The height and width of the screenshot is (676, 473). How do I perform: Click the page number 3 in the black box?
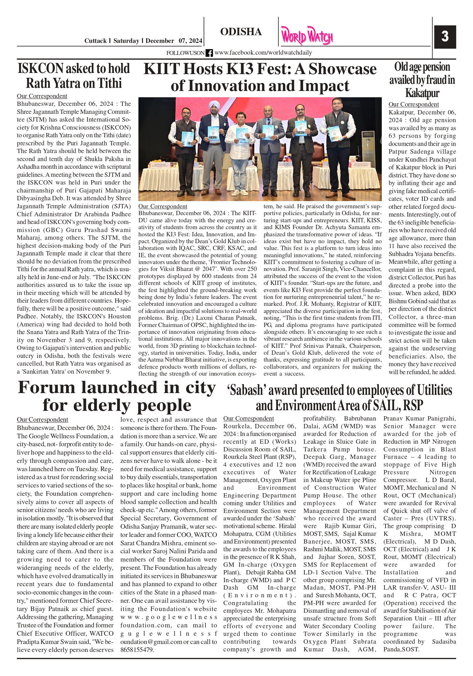(x=445, y=37)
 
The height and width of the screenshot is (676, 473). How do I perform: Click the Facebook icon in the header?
(x=209, y=53)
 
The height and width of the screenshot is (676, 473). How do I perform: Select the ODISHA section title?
(x=241, y=32)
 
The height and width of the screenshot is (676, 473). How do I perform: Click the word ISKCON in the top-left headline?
(x=41, y=69)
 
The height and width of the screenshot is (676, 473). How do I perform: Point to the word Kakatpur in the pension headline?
(x=422, y=93)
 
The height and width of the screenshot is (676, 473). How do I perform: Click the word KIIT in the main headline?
(x=162, y=69)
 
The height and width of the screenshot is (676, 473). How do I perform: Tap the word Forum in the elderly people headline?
(x=47, y=387)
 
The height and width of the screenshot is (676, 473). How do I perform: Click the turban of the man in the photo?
(x=213, y=105)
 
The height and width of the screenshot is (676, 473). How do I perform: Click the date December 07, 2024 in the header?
(x=174, y=41)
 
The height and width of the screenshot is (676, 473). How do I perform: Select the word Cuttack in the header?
(x=95, y=41)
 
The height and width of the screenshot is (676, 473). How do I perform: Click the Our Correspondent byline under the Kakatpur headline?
(x=413, y=104)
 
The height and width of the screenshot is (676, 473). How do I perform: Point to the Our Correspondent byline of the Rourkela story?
(x=249, y=418)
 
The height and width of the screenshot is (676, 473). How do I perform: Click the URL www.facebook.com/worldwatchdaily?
(x=263, y=53)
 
